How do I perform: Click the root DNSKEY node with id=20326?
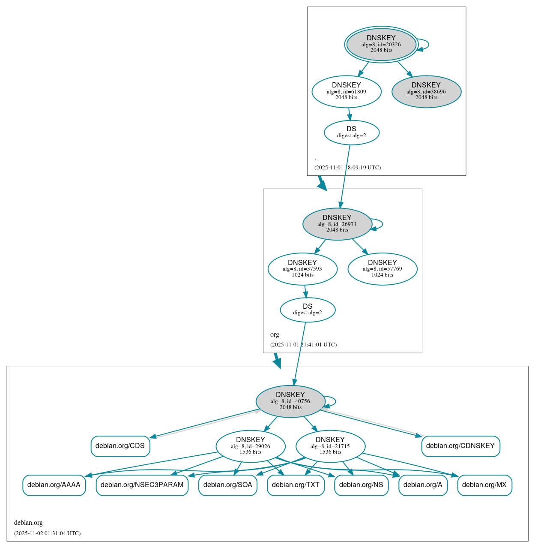(381, 44)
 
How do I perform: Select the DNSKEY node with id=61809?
(346, 91)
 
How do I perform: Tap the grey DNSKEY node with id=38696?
(426, 91)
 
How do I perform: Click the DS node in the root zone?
(351, 132)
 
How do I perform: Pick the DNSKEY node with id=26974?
(337, 224)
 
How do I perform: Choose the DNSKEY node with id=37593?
(302, 269)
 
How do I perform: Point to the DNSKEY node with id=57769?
(382, 269)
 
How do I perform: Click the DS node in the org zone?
(308, 310)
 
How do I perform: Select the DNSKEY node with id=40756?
(290, 401)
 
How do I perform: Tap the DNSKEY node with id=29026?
(251, 446)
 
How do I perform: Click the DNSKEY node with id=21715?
(330, 446)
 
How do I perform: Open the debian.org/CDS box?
(120, 446)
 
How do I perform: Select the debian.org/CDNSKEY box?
(460, 446)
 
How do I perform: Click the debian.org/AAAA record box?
(54, 485)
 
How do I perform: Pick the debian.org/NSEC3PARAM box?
(142, 485)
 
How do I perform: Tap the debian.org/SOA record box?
(228, 485)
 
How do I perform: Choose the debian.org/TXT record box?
(296, 485)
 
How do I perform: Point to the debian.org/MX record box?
(484, 485)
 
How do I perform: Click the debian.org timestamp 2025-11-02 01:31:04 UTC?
(47, 533)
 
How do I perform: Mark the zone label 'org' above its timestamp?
(275, 334)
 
